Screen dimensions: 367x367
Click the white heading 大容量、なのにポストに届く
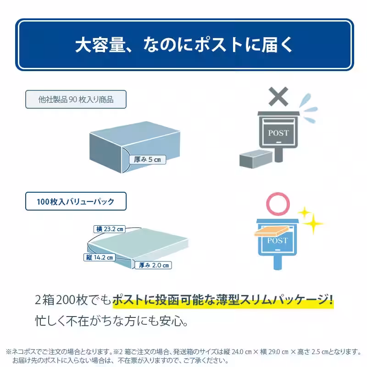183,45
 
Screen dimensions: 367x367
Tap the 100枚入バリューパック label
76,201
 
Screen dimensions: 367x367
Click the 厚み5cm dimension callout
147,160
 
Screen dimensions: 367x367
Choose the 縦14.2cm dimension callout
100,257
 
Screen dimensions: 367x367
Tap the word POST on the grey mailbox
278,133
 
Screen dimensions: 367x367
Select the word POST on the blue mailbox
277,240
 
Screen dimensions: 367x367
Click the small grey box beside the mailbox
256,159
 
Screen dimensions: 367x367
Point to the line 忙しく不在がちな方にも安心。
111,320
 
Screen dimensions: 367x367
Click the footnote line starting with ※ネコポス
183,352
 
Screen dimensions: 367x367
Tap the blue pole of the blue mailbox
278,262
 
